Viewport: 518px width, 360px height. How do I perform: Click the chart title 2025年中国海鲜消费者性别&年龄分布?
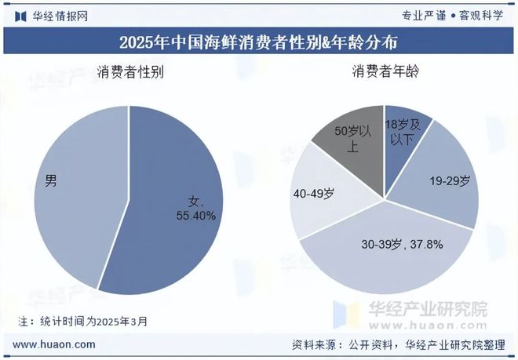(258, 41)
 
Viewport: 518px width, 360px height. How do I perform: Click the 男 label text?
(50, 182)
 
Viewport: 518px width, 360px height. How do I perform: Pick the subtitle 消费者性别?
(129, 73)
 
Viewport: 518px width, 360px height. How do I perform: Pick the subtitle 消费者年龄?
(385, 73)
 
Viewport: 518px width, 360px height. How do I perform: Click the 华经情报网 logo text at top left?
(60, 15)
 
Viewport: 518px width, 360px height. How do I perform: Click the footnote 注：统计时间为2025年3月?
(82, 321)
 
